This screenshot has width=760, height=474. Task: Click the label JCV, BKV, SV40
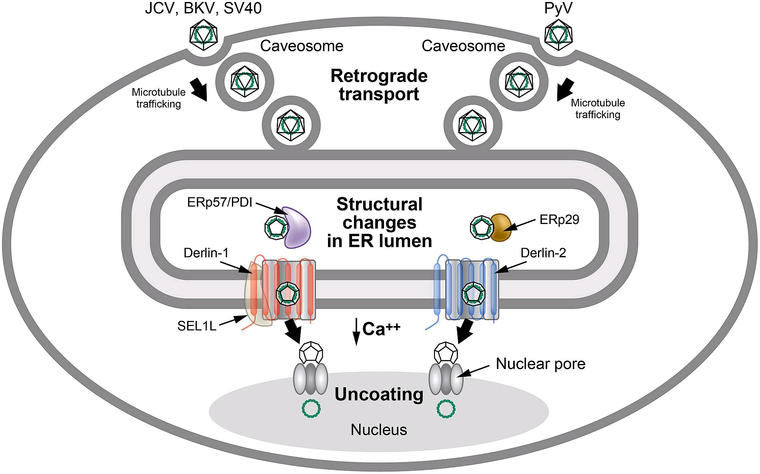tap(203, 8)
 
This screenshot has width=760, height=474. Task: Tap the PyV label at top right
tap(558, 8)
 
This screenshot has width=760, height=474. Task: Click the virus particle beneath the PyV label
tap(558, 34)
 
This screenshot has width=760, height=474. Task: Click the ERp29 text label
tap(559, 220)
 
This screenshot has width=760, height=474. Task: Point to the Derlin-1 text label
tap(206, 253)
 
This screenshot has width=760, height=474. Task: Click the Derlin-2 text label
tap(543, 253)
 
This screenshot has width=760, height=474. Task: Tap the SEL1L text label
tap(197, 326)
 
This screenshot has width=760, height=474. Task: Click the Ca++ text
tap(381, 329)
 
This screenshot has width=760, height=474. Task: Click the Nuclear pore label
tap(540, 364)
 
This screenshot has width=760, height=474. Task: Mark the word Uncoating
tap(379, 394)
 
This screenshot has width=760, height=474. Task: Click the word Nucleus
tap(379, 430)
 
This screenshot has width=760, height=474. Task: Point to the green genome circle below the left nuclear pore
tap(311, 409)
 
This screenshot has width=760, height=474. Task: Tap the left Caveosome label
tap(302, 46)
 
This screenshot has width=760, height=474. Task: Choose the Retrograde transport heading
tap(379, 85)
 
